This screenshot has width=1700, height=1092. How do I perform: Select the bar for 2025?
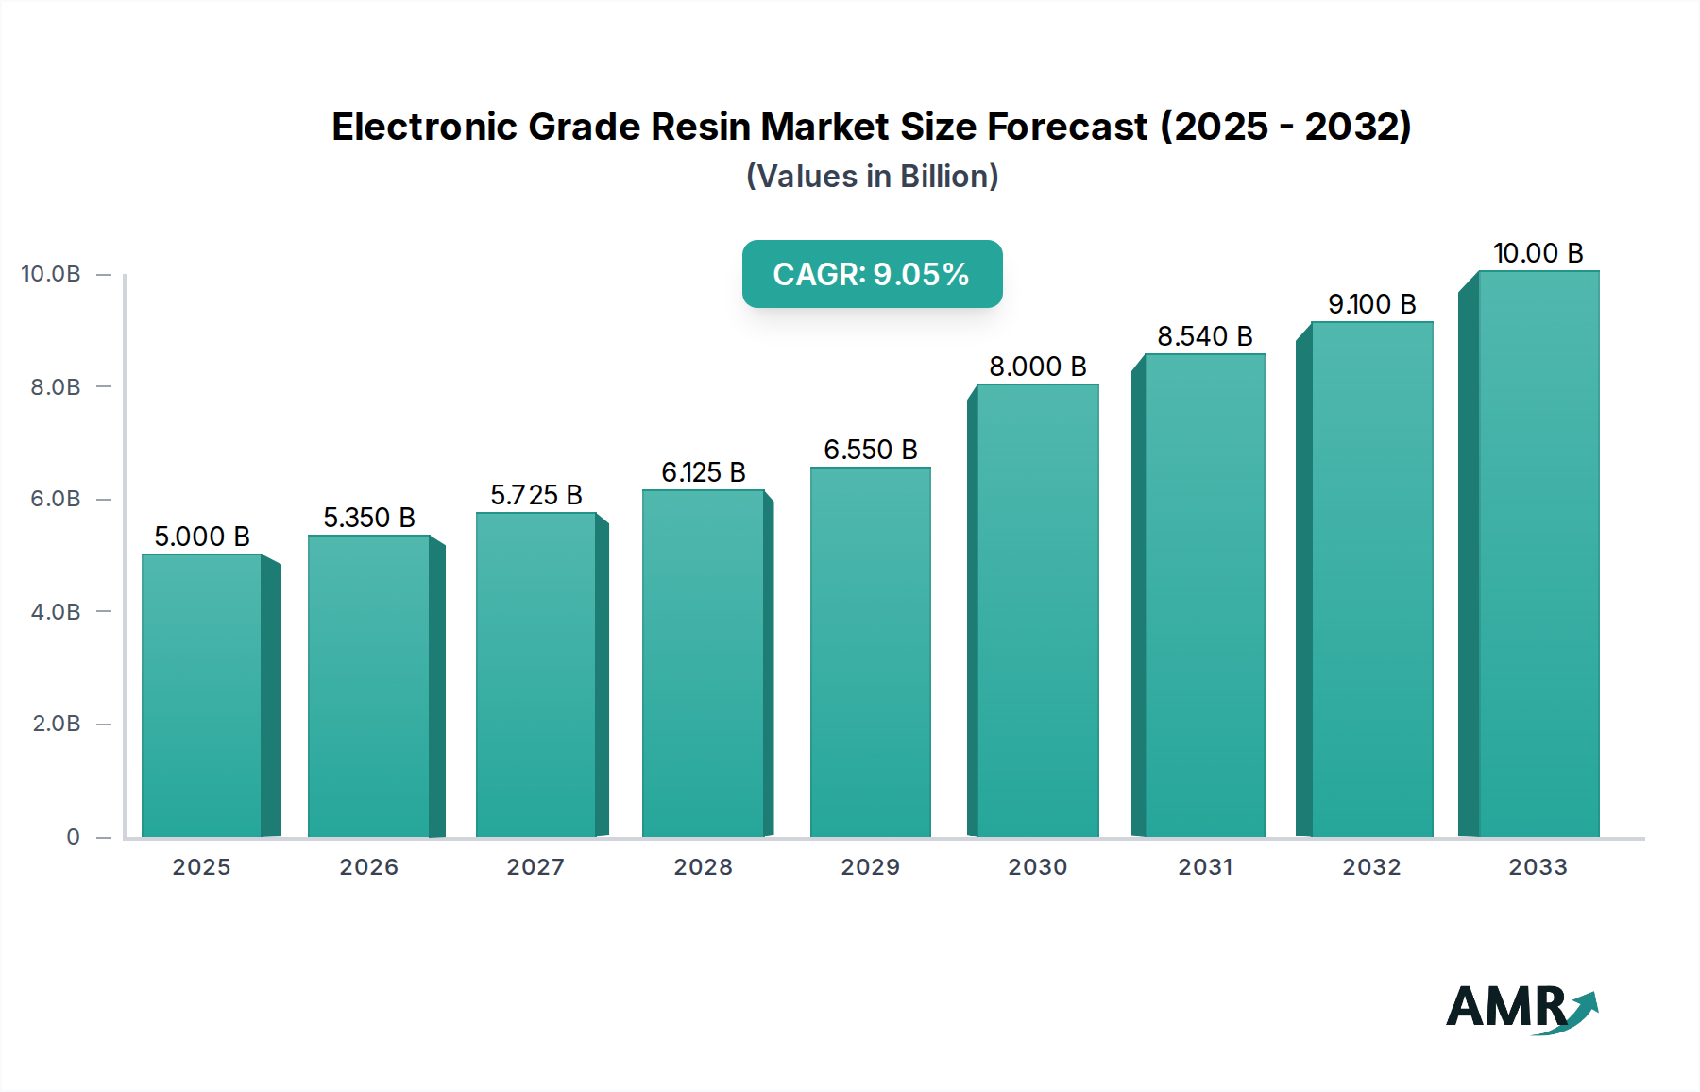(201, 695)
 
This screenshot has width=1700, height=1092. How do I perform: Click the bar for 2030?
(1038, 610)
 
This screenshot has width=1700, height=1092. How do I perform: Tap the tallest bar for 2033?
(1538, 554)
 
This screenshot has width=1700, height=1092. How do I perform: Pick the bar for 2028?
(703, 663)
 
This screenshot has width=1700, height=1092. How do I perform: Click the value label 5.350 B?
(369, 518)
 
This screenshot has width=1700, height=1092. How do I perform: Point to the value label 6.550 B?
(870, 450)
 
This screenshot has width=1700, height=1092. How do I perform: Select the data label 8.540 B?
(1204, 336)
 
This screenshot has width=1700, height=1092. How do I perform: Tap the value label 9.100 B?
(1371, 304)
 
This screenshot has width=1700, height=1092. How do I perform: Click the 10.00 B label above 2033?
(1538, 253)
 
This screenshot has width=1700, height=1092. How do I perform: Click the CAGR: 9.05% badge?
(872, 274)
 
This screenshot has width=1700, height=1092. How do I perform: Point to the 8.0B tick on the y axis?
(56, 387)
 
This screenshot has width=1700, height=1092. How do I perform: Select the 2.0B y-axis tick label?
(56, 724)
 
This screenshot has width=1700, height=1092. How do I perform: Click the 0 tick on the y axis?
(73, 837)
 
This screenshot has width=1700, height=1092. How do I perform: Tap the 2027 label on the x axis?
(535, 867)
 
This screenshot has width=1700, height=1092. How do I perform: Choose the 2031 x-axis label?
(1204, 867)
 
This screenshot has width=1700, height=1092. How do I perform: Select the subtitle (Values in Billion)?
(872, 177)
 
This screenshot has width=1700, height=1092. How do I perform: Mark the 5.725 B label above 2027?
(535, 495)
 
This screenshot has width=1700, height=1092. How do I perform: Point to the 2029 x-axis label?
(870, 867)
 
